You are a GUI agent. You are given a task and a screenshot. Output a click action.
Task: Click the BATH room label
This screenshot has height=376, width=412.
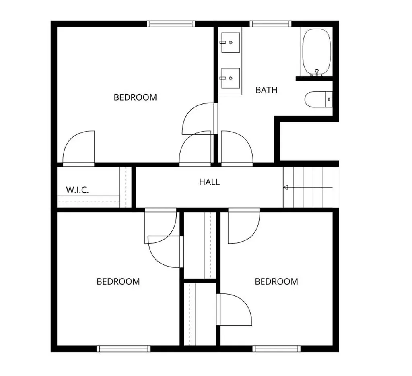(x=266, y=90)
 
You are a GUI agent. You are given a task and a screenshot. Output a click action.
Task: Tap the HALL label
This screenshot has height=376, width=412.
(x=209, y=182)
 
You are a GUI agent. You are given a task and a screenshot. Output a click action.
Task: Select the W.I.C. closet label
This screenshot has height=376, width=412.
(x=77, y=190)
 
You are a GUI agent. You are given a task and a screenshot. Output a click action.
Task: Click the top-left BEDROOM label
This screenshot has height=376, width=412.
(x=135, y=97)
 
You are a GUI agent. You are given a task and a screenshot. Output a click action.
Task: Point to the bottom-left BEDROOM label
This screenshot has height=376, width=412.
(x=118, y=282)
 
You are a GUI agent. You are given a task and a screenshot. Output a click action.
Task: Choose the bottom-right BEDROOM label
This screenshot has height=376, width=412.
(x=276, y=282)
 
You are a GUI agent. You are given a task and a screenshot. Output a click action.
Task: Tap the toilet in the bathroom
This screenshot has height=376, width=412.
(x=319, y=99)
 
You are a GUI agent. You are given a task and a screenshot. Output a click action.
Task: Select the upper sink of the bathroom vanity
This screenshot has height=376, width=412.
(x=231, y=42)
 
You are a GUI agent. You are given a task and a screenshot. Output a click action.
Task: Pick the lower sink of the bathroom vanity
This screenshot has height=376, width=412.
(x=231, y=78)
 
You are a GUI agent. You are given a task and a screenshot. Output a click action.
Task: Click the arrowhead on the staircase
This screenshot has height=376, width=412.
(x=286, y=187)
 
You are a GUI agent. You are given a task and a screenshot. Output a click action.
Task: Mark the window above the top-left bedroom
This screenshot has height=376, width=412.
(x=171, y=24)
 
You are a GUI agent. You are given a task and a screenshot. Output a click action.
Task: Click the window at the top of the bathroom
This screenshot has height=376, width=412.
(x=271, y=24)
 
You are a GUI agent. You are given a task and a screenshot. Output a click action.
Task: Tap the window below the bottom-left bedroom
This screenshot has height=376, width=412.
(x=124, y=349)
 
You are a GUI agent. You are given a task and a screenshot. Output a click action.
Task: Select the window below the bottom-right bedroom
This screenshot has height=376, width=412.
(x=276, y=349)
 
